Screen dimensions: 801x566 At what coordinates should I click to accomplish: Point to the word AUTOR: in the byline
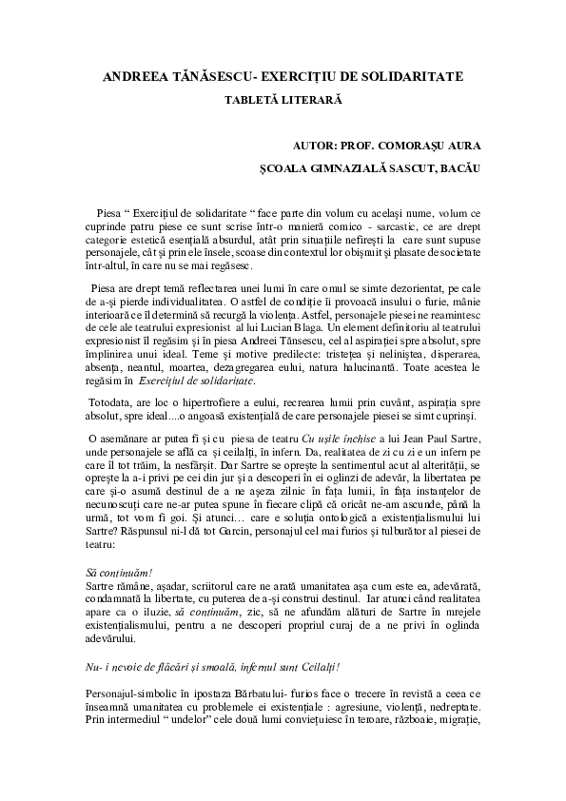pos(320,146)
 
